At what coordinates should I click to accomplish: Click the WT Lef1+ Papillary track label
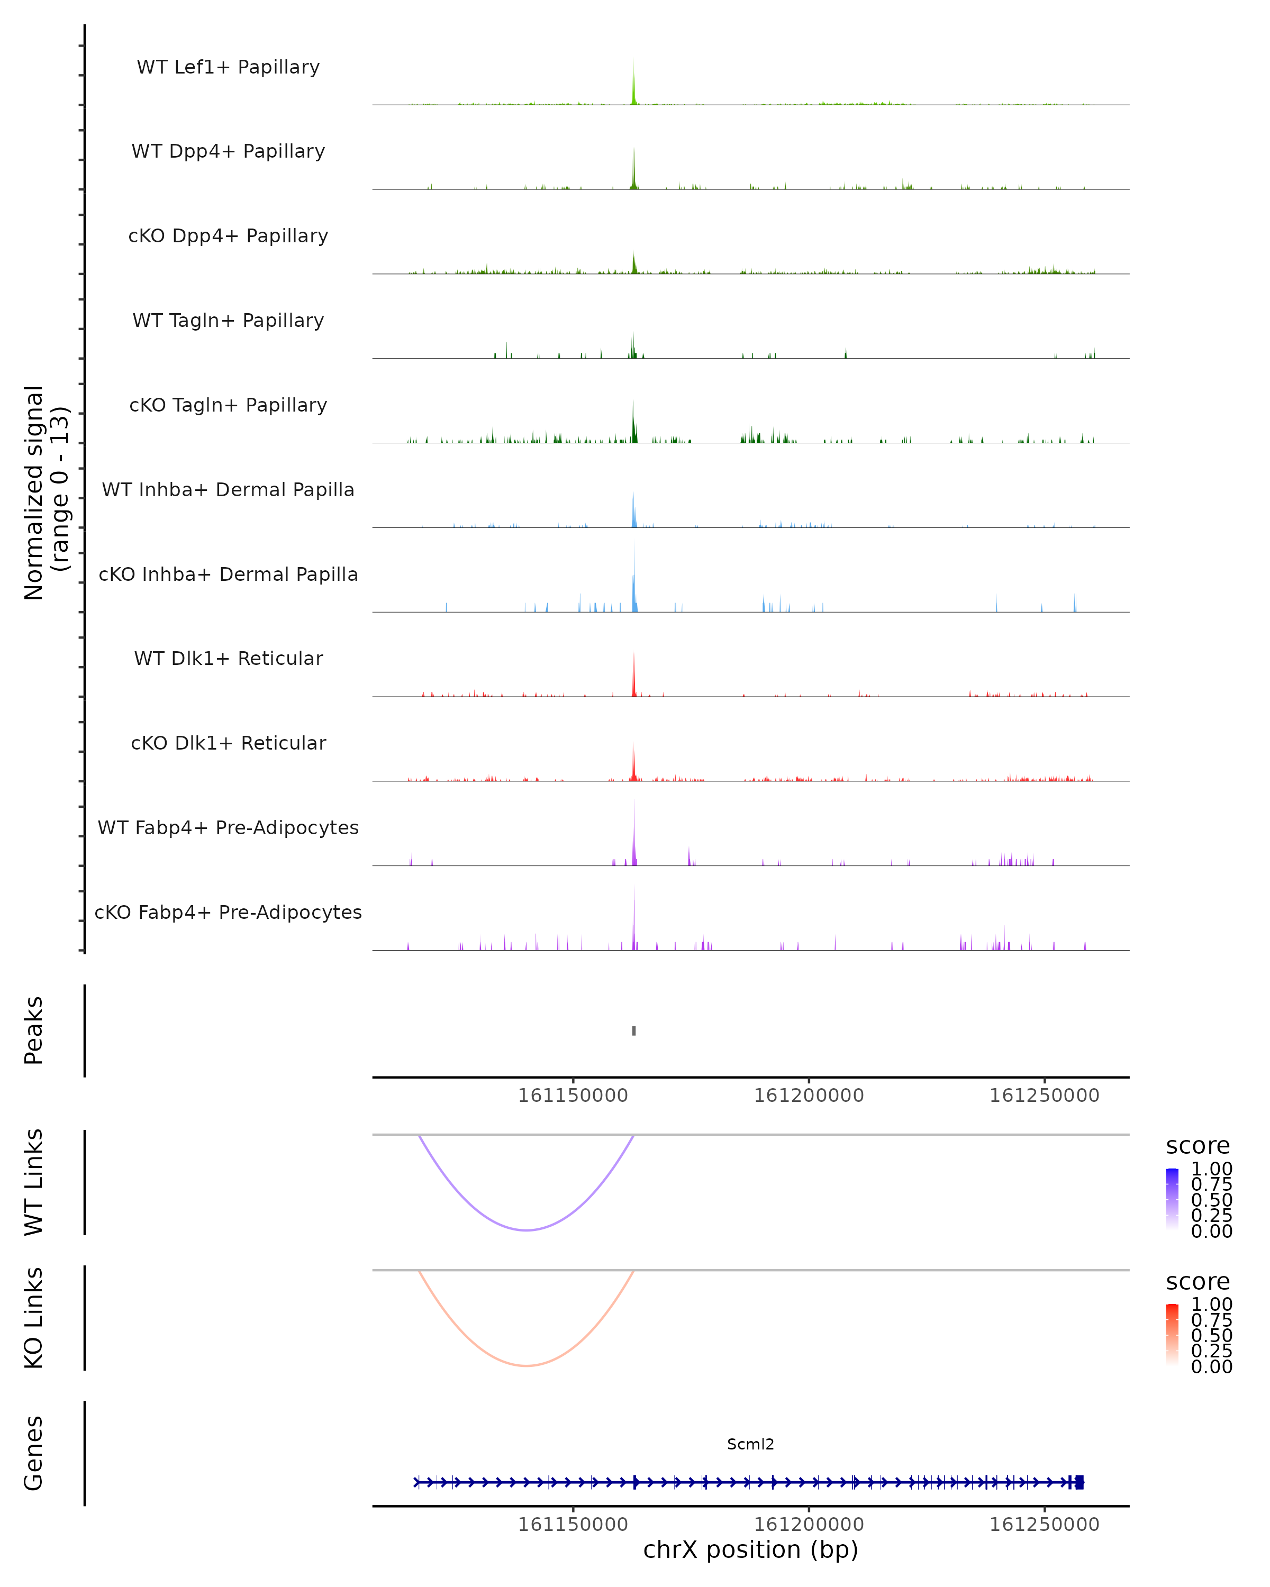click(228, 67)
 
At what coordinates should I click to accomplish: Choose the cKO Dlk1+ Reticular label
click(228, 743)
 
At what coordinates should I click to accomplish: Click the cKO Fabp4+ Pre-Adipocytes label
click(228, 912)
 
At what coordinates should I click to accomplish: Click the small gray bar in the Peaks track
click(634, 1030)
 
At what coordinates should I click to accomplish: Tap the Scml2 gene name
click(750, 1444)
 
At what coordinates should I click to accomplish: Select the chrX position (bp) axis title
click(750, 1549)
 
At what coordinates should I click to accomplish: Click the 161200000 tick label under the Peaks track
click(809, 1096)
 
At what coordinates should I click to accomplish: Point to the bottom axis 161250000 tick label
click(1044, 1525)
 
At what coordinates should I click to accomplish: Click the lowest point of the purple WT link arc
click(527, 1230)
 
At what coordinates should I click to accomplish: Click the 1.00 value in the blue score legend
click(1211, 1169)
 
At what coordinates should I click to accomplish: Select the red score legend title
click(1198, 1282)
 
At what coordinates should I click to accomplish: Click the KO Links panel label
click(34, 1318)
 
